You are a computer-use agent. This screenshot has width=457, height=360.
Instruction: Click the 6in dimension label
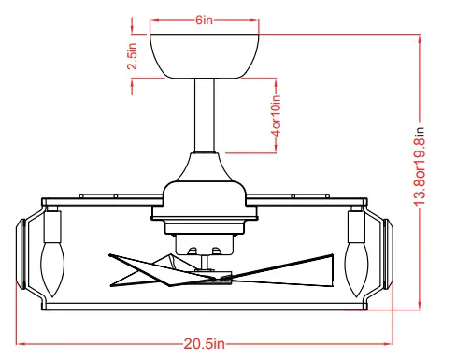(x=204, y=20)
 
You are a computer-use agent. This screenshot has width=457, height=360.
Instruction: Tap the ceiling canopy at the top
(x=204, y=56)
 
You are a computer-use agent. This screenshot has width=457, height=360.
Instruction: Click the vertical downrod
(x=204, y=117)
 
